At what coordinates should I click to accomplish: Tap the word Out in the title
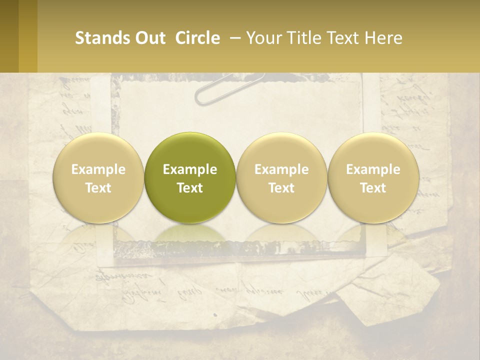pyautogui.click(x=148, y=38)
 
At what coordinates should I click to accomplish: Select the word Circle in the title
pyautogui.click(x=197, y=38)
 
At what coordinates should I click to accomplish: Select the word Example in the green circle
pyautogui.click(x=190, y=169)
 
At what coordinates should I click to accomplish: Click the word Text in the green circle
pyautogui.click(x=190, y=188)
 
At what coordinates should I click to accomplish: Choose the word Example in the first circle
pyautogui.click(x=98, y=169)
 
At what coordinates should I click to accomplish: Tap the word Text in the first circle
pyautogui.click(x=98, y=188)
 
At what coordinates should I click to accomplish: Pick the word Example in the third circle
pyautogui.click(x=281, y=169)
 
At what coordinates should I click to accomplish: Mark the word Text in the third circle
pyautogui.click(x=281, y=188)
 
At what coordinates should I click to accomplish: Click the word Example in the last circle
pyautogui.click(x=373, y=169)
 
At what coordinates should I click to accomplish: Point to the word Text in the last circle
pyautogui.click(x=373, y=188)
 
